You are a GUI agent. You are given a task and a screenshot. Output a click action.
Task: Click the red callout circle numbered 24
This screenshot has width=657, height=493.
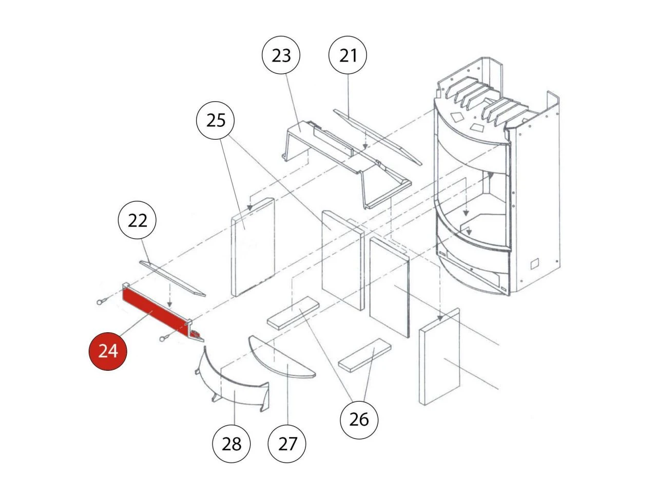[x=107, y=351]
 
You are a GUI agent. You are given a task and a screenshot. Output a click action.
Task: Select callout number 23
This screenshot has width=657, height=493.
[x=281, y=55]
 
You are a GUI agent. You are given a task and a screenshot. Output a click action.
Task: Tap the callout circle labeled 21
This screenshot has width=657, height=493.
[x=347, y=55]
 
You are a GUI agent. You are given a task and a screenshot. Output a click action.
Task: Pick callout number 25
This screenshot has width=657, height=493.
[x=216, y=121]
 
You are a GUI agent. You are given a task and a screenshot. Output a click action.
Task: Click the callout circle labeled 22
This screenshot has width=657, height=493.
[x=137, y=221]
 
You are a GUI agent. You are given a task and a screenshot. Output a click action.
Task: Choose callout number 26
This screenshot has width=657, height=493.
[x=359, y=420]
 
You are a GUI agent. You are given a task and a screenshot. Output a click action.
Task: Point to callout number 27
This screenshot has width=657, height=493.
[x=287, y=443]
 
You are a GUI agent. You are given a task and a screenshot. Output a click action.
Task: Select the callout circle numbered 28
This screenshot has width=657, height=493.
[x=231, y=443]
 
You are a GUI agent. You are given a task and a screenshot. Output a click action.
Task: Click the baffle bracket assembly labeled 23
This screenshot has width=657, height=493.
[x=344, y=159]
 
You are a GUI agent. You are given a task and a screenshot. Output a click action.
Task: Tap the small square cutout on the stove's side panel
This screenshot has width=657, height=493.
[x=534, y=263]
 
